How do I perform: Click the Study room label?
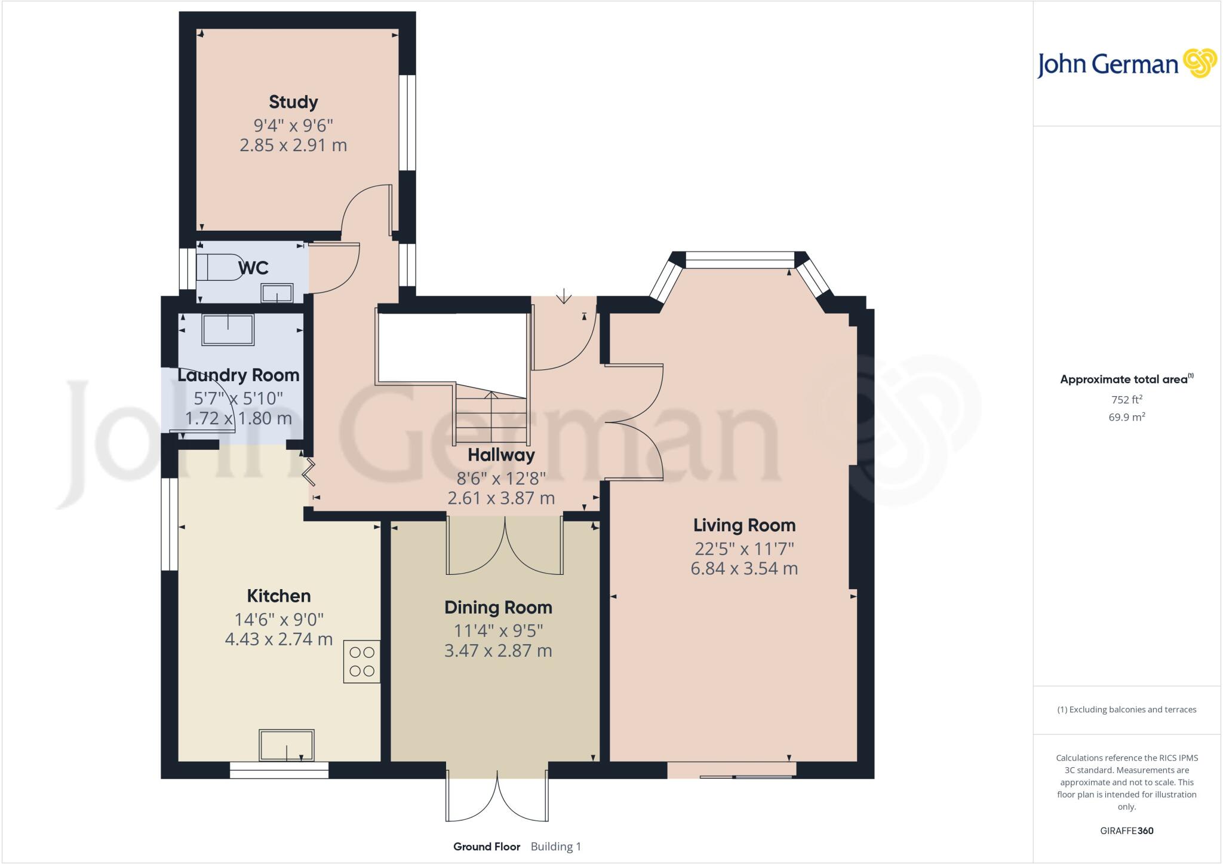coord(293,102)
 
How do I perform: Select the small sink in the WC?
coord(277,293)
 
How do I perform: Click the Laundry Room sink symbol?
coord(228,329)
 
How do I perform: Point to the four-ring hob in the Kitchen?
coord(361,661)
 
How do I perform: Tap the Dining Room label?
coord(498,608)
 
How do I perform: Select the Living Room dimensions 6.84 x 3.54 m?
coord(744,568)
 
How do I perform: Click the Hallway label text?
coord(500,455)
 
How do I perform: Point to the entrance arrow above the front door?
coord(564,296)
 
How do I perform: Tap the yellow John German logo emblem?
coord(1200,63)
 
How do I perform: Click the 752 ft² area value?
coord(1127,400)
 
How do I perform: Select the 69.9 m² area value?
coord(1127,417)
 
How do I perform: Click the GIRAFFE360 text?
coord(1126,831)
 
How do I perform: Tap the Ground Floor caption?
coord(486,846)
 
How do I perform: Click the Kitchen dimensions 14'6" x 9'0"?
coord(279,620)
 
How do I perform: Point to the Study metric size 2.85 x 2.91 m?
coord(293,145)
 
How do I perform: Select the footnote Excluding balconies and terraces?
coord(1126,710)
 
